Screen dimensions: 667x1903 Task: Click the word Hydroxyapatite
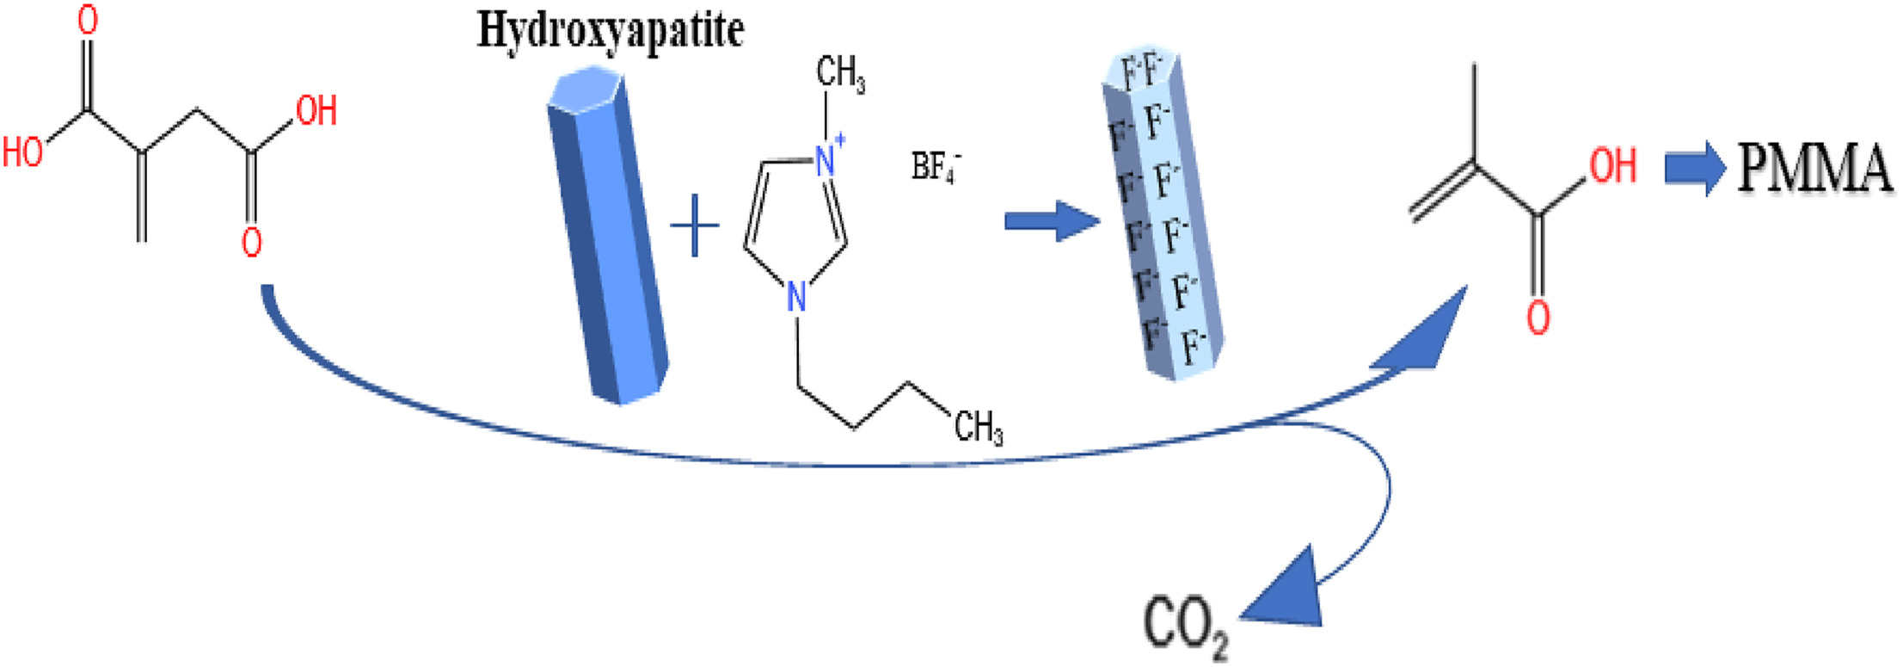coord(610,31)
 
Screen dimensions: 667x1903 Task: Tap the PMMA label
coord(1814,168)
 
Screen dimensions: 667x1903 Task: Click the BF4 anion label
coord(936,166)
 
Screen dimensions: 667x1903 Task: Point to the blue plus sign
coord(694,226)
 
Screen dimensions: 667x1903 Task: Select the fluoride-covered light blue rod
coord(1162,215)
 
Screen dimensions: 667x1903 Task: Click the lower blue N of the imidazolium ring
coord(797,298)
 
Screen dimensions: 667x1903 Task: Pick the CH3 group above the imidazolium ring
coord(839,73)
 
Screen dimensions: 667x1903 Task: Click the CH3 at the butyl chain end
coord(978,426)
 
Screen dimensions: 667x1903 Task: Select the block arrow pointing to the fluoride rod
coord(1052,221)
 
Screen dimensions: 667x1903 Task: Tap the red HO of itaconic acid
coord(23,152)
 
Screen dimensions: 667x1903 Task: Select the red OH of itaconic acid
coord(316,111)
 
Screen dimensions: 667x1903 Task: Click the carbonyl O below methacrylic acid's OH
coord(1538,317)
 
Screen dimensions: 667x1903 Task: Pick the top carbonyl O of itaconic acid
coord(87,21)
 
